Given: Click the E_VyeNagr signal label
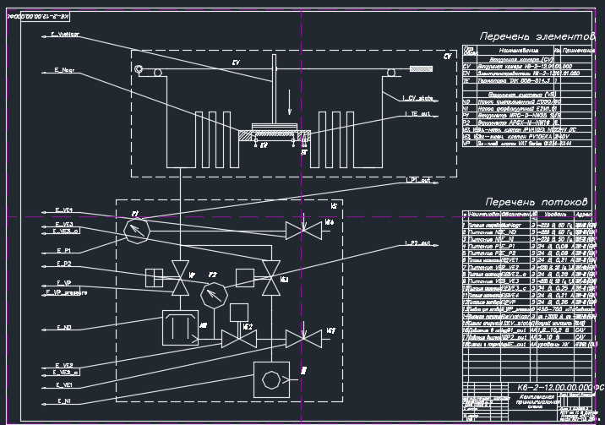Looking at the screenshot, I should (65, 35).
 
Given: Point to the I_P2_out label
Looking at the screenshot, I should (417, 244).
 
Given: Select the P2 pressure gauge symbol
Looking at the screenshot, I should (215, 293).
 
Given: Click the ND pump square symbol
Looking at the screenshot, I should (178, 327).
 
